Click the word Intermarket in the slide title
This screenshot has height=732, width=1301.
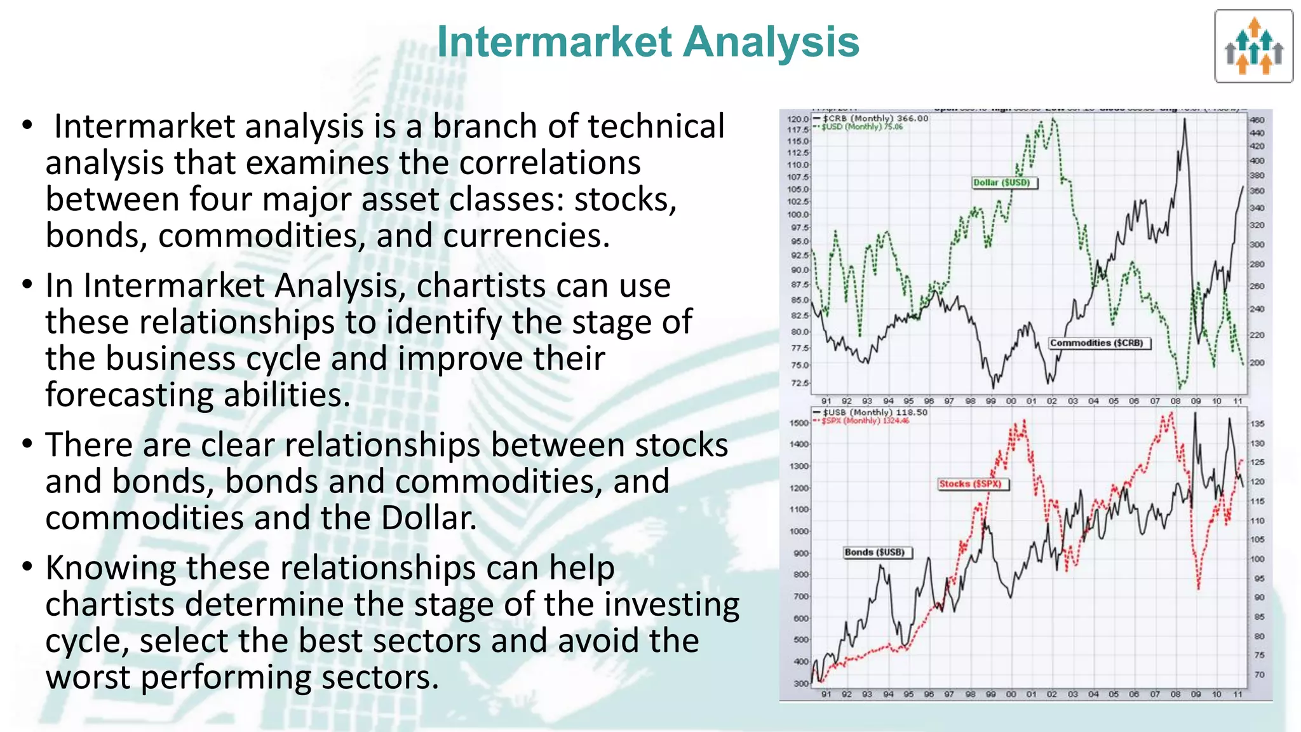555,42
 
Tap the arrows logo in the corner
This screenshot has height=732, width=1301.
1253,46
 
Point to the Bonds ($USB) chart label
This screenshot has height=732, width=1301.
877,552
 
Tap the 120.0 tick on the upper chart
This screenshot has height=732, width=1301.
798,119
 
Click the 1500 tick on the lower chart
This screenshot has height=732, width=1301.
799,423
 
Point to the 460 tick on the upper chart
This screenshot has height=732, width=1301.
1257,119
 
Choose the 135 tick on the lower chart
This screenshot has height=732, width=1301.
1257,424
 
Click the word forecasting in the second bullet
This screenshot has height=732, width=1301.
125,395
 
